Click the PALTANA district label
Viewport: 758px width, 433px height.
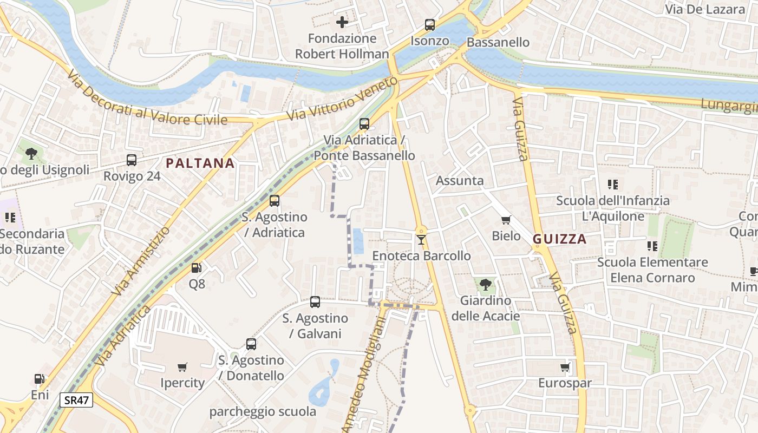tap(200, 163)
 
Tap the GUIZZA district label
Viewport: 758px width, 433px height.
tap(560, 239)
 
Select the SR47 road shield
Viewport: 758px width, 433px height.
tap(76, 400)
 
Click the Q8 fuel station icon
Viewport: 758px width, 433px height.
tap(197, 267)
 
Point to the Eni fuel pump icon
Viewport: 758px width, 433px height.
tap(40, 379)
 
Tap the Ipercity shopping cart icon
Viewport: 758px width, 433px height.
tap(182, 367)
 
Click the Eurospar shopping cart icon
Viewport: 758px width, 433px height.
tap(565, 368)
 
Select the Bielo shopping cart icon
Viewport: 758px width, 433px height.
tap(506, 220)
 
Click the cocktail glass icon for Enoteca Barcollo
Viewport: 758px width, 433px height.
tap(421, 239)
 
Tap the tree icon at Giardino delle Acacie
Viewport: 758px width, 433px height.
tap(486, 284)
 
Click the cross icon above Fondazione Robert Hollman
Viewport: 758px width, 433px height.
tap(342, 22)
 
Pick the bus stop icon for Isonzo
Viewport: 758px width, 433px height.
tap(430, 24)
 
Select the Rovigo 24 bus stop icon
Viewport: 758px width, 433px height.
tap(132, 160)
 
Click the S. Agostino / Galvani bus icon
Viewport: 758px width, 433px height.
tap(315, 302)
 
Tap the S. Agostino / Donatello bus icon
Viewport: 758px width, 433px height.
tap(251, 344)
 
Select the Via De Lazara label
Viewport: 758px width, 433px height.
tap(705, 9)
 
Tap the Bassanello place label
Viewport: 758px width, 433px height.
tap(498, 42)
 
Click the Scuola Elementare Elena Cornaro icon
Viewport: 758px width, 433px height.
tap(652, 246)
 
